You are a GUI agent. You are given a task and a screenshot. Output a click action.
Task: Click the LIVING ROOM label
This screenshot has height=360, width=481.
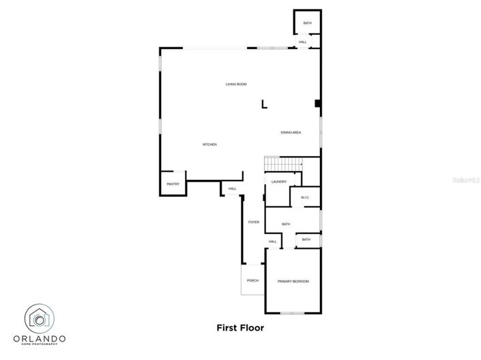(x=236, y=85)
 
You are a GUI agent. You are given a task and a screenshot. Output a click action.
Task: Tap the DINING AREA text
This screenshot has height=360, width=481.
(x=291, y=132)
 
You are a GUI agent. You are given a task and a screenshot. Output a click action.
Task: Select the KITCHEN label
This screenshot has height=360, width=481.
(x=209, y=145)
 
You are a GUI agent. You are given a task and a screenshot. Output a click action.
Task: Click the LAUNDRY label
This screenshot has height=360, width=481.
(x=278, y=181)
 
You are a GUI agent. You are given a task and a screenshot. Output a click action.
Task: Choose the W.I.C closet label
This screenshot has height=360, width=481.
(x=305, y=198)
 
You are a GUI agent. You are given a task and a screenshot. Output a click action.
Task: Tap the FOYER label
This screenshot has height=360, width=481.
(x=253, y=222)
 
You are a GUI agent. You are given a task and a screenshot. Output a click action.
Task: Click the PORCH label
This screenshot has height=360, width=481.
(x=252, y=280)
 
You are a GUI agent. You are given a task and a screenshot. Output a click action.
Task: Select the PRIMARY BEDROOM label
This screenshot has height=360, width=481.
(x=293, y=282)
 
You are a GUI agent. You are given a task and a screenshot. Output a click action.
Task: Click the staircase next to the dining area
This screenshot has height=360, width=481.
(x=283, y=164)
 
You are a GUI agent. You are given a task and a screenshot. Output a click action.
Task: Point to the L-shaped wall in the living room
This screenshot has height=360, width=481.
(x=264, y=104)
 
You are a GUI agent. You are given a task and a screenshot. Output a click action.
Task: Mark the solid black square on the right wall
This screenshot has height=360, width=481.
(x=317, y=104)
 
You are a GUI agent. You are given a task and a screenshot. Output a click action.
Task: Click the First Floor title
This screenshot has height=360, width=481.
(x=240, y=327)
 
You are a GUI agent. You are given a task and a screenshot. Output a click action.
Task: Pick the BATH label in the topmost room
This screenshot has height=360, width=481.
(x=307, y=24)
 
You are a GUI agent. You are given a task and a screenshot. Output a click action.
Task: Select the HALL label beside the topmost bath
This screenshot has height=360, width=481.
(x=302, y=42)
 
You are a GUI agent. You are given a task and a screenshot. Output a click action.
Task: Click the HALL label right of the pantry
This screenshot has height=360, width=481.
(x=232, y=189)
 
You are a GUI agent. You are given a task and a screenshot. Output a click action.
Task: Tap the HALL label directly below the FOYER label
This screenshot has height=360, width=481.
(x=272, y=241)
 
